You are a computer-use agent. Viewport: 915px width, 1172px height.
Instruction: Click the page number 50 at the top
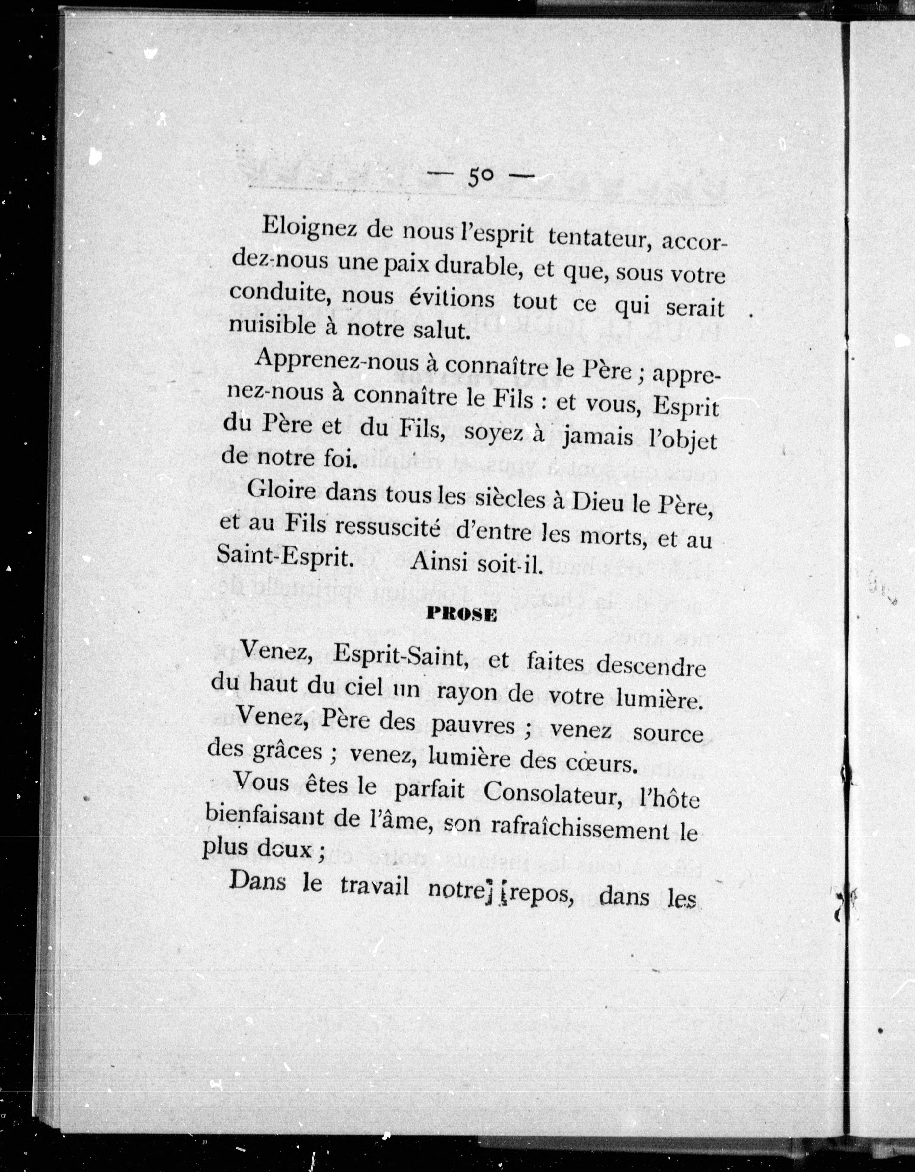coord(479,176)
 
